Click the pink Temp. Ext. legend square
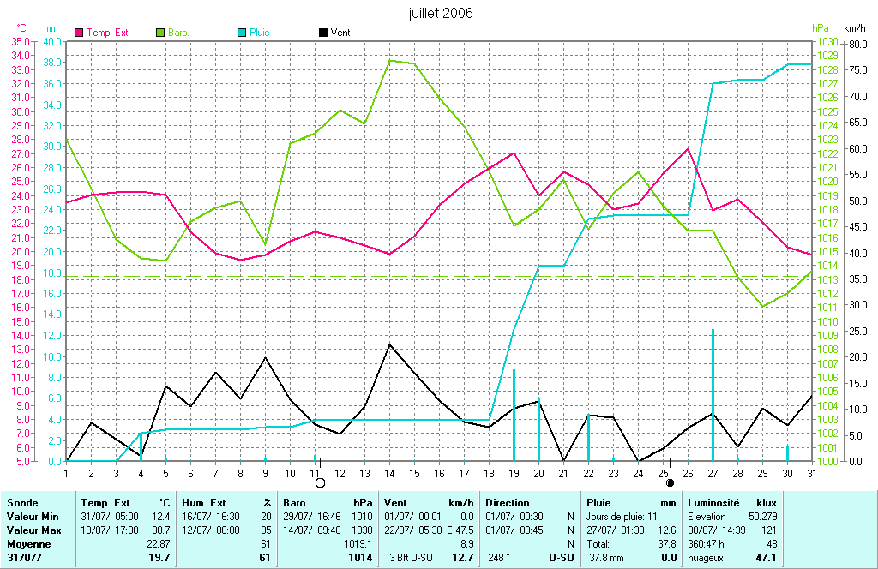[80, 33]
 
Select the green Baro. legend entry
[172, 33]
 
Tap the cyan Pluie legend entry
[254, 33]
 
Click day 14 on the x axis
[390, 473]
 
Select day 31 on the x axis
[812, 473]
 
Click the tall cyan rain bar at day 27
[713, 394]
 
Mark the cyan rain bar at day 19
[514, 415]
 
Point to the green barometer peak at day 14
[390, 60]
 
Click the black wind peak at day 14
[390, 344]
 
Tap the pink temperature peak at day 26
[688, 149]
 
